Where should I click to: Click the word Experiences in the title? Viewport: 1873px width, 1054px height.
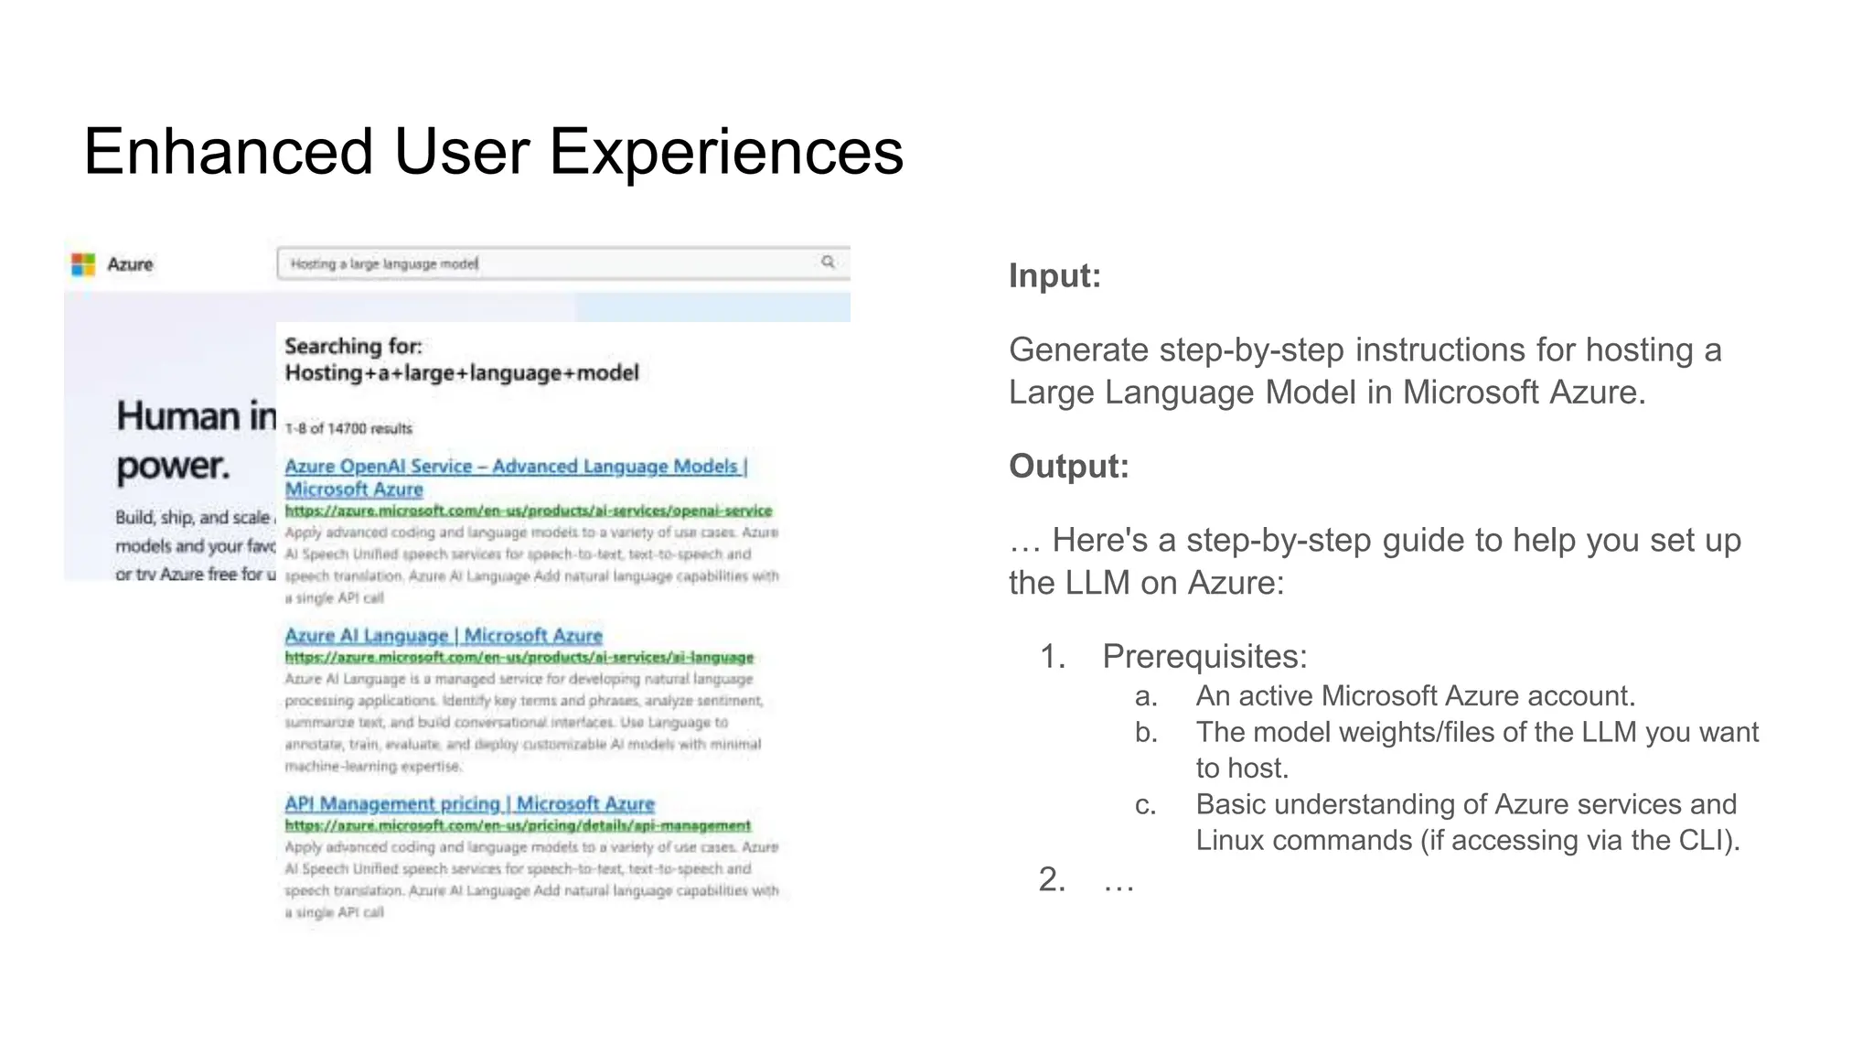[725, 152]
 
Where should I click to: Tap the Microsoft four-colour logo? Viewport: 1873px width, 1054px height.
[83, 264]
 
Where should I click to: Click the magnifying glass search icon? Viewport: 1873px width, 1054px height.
[828, 262]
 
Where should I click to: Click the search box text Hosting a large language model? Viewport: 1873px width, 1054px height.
[384, 263]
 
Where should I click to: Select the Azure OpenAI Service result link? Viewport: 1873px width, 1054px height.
[515, 467]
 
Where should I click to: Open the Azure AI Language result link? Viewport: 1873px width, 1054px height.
[443, 635]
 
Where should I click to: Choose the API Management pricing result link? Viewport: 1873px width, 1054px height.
[469, 803]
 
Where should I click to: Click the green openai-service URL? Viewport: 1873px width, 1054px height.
[528, 511]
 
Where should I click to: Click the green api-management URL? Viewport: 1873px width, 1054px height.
[517, 825]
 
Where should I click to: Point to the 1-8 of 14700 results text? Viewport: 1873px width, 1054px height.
[348, 428]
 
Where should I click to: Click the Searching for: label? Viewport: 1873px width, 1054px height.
[353, 346]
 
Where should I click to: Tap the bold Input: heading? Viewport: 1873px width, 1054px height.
[1054, 276]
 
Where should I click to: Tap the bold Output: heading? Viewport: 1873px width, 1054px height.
[1068, 467]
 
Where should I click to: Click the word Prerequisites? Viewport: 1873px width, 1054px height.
[1204, 657]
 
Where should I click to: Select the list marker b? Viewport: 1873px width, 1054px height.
[1146, 733]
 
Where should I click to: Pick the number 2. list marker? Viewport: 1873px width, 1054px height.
[1052, 880]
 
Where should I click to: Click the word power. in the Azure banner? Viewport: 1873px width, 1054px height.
[173, 467]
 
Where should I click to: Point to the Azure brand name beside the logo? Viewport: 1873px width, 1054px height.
[130, 264]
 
